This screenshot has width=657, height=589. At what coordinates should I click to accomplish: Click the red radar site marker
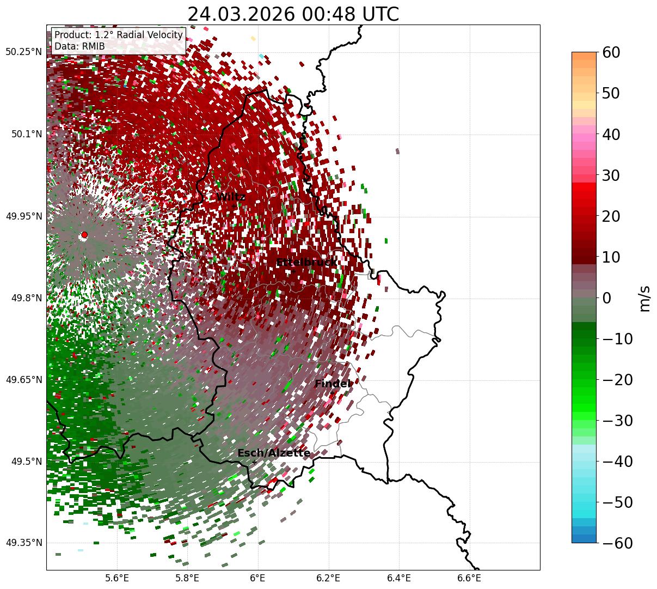pos(84,235)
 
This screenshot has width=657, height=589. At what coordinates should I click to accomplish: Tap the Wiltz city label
pos(231,197)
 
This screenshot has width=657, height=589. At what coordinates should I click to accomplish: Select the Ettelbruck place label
pos(306,263)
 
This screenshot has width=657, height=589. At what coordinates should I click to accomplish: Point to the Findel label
pos(333,384)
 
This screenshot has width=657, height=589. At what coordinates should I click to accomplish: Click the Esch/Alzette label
pos(274,453)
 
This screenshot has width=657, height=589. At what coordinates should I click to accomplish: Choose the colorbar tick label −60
pos(617,543)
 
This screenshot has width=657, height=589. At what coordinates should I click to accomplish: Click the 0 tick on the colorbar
pos(606,298)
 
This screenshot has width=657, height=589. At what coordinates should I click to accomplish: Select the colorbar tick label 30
pos(613,175)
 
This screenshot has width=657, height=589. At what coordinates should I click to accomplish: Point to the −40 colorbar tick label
pos(617,462)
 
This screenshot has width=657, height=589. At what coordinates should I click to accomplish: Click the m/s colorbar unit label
pos(645,298)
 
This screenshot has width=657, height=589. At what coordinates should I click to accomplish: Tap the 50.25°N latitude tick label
pos(24,52)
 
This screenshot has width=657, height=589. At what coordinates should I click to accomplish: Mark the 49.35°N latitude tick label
pos(24,543)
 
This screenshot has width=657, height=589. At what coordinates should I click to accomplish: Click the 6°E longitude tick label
pos(258,577)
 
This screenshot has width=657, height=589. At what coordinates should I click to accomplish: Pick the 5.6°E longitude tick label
pos(117,577)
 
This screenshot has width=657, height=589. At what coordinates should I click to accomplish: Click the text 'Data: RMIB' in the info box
pos(79,46)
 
